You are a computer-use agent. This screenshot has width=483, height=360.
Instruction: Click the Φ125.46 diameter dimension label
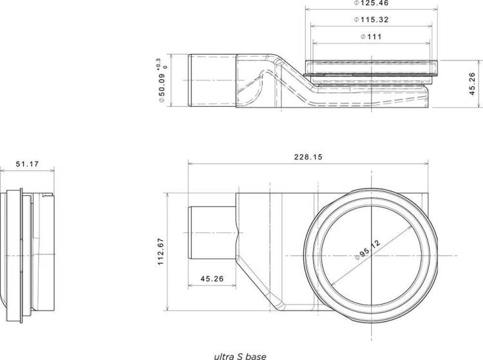point(371,3)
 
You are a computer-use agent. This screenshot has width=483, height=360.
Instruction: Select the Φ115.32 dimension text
point(371,20)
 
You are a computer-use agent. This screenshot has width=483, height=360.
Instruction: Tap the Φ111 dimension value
point(371,37)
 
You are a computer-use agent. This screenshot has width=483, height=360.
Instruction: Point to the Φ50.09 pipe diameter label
point(162,88)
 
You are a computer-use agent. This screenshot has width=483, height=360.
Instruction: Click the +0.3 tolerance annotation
point(158,64)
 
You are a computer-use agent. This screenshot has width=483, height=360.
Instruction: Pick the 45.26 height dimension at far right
point(473,84)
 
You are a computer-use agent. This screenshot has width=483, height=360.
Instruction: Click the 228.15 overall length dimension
point(308,157)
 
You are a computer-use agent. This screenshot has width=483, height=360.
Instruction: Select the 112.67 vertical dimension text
point(161,252)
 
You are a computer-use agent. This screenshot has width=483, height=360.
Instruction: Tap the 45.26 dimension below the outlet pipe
point(212,279)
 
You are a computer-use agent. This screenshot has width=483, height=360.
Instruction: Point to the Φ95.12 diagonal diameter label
point(367,250)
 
